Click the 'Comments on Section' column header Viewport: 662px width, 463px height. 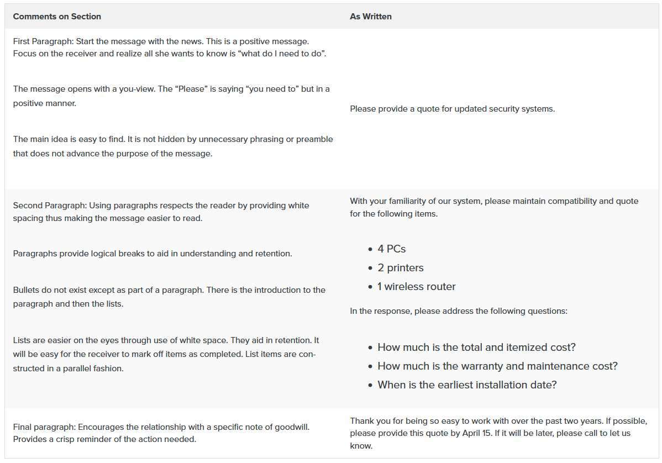point(57,17)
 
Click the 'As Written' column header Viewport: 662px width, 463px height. point(371,17)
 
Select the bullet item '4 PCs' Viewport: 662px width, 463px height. point(392,249)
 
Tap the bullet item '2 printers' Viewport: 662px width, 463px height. point(401,268)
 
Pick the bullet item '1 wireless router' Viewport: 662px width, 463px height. point(417,287)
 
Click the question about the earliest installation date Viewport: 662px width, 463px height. point(467,385)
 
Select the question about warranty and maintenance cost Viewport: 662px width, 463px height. point(497,366)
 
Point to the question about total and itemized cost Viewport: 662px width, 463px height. point(476,348)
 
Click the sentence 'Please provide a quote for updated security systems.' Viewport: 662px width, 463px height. point(452,109)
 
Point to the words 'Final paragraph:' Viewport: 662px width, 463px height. point(44,427)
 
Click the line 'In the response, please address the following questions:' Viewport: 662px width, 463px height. point(459,311)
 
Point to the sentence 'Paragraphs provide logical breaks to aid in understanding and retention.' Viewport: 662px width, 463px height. point(153,254)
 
